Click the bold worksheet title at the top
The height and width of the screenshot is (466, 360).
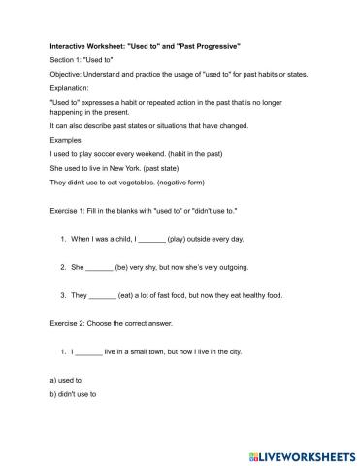145,46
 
